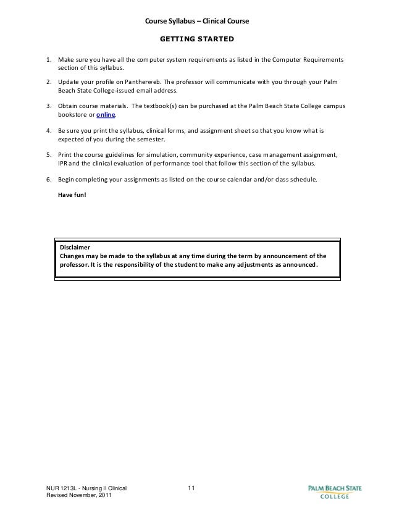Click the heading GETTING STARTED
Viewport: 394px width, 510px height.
point(196,40)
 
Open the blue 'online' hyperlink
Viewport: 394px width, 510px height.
point(106,115)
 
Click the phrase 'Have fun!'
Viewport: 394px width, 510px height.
point(72,194)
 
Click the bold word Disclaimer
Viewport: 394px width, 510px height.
point(75,246)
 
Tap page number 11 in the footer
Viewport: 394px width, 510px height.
point(191,490)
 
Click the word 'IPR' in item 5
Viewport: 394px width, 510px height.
point(64,164)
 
